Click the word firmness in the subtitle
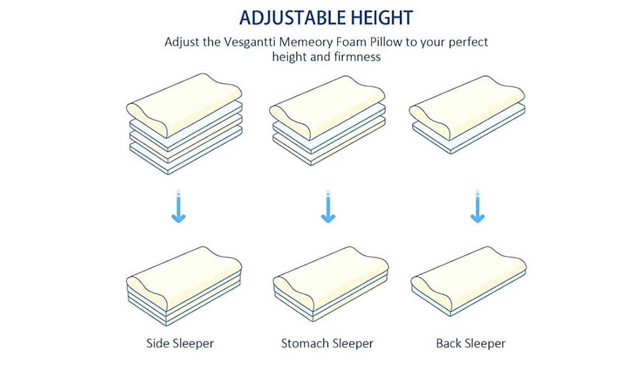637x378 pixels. (x=356, y=57)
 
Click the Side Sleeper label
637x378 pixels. (x=180, y=344)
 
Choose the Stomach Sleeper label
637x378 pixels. (x=327, y=344)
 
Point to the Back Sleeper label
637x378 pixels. (x=471, y=344)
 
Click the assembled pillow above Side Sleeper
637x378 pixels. (x=184, y=286)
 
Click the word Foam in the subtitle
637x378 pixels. (x=348, y=41)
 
